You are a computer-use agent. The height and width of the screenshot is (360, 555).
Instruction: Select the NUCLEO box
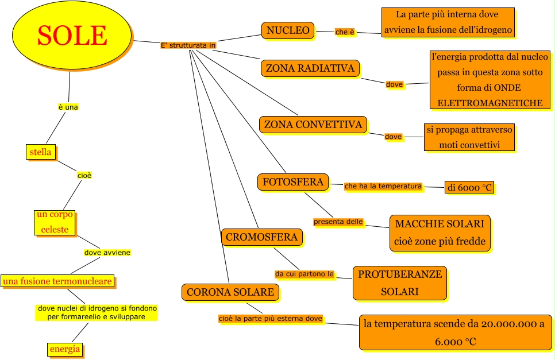pyautogui.click(x=288, y=30)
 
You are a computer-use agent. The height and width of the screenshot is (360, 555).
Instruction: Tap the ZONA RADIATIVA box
pyautogui.click(x=310, y=68)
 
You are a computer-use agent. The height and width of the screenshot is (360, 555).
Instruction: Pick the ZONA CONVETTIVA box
pyautogui.click(x=313, y=124)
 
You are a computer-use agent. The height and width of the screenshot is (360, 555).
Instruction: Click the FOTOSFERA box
pyautogui.click(x=293, y=182)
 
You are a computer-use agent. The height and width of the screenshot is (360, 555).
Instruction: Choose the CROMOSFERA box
pyautogui.click(x=261, y=237)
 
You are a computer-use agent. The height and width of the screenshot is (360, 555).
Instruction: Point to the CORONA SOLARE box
pyautogui.click(x=230, y=292)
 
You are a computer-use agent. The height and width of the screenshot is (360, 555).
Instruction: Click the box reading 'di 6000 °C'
pyautogui.click(x=470, y=187)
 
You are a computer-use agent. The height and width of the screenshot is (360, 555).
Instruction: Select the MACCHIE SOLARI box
pyautogui.click(x=440, y=232)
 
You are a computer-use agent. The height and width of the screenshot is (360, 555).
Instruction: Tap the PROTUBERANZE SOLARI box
pyautogui.click(x=400, y=282)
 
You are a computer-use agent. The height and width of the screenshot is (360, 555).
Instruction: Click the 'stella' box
pyautogui.click(x=40, y=152)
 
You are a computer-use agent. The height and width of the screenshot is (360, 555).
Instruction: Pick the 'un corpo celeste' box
pyautogui.click(x=55, y=222)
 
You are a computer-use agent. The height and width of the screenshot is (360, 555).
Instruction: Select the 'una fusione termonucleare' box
pyautogui.click(x=57, y=281)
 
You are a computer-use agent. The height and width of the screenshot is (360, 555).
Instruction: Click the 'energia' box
pyautogui.click(x=64, y=349)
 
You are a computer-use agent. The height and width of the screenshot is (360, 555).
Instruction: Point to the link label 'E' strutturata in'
pyautogui.click(x=188, y=45)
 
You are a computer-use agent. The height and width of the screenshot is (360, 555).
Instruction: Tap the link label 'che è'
pyautogui.click(x=345, y=32)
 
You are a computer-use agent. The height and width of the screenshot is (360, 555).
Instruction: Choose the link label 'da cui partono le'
pyautogui.click(x=305, y=274)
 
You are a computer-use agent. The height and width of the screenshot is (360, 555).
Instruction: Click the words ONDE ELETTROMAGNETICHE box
pyautogui.click(x=490, y=80)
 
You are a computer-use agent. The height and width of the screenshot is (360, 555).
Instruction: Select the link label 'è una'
pyautogui.click(x=68, y=107)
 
